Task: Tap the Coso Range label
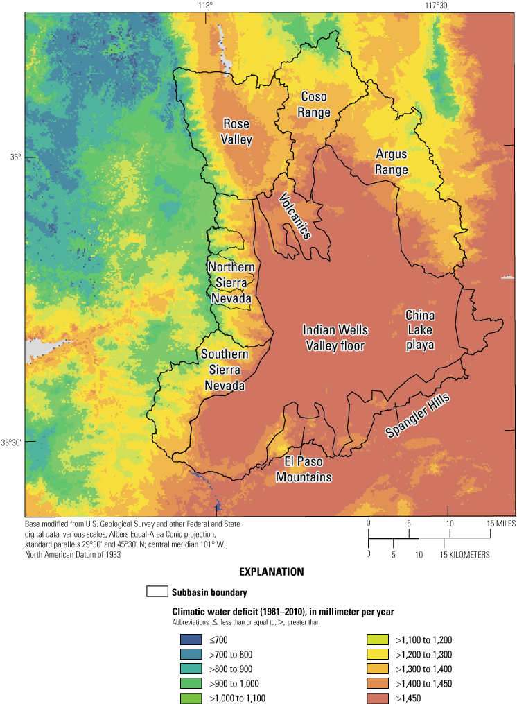[313, 105]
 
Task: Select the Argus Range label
[392, 162]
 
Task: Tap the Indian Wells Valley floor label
[335, 337]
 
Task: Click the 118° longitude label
[204, 6]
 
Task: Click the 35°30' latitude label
[12, 443]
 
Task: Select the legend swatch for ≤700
[188, 639]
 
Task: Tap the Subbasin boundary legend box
[157, 592]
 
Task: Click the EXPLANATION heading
[271, 573]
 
